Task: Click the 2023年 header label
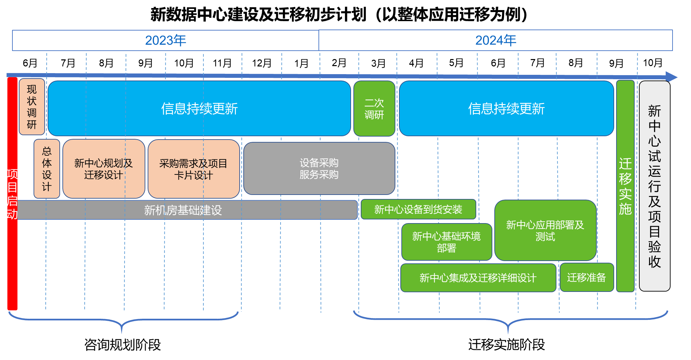tap(165, 41)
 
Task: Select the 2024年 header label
tap(495, 41)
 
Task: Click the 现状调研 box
tap(32, 107)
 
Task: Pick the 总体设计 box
tap(47, 169)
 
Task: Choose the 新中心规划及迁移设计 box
tap(104, 169)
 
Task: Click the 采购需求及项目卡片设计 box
tap(194, 169)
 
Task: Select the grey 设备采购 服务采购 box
tap(319, 168)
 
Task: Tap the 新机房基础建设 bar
tap(183, 210)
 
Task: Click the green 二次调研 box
tap(374, 109)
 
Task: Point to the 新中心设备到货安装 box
tap(418, 209)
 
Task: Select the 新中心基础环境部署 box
tap(446, 242)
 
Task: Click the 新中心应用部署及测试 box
tap(545, 230)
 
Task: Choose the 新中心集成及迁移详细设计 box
tap(478, 278)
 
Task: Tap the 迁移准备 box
tap(586, 277)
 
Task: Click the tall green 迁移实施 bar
tap(625, 186)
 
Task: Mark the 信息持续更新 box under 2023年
tap(199, 108)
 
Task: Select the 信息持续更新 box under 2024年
tap(506, 108)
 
